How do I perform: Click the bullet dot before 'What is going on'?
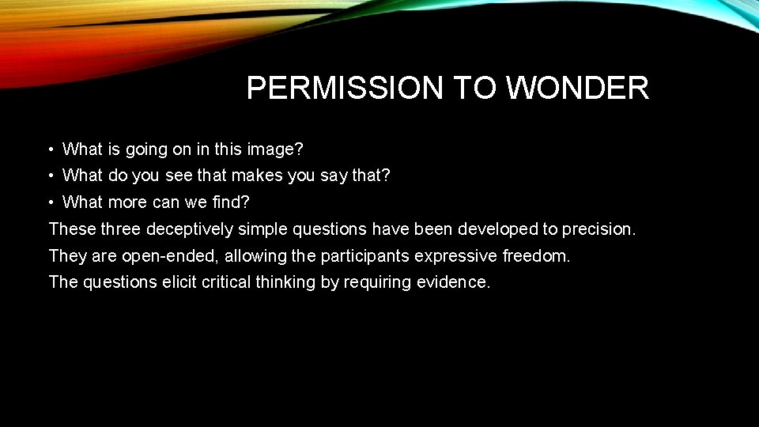[50, 149]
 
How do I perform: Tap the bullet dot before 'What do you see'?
[50, 176]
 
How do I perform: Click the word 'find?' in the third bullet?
[231, 202]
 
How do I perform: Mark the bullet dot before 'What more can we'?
[50, 202]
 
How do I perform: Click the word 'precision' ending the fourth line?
[598, 229]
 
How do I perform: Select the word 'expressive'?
[458, 256]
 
